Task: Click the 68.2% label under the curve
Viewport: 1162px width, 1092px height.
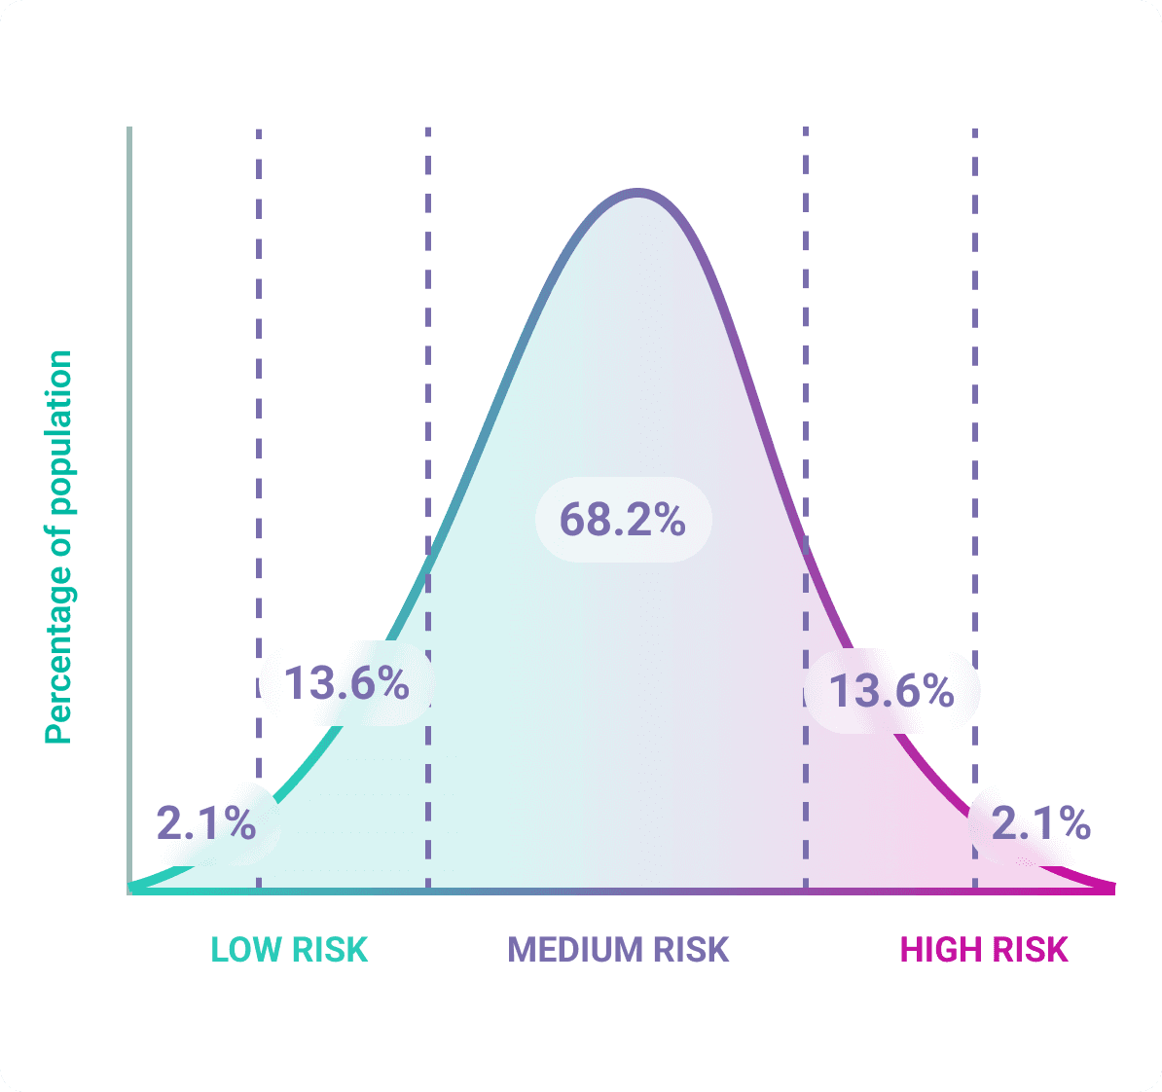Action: pyautogui.click(x=623, y=520)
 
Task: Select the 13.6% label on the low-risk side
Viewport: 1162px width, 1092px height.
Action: pyautogui.click(x=346, y=683)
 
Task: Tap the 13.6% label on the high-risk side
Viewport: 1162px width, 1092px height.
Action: pyautogui.click(x=891, y=691)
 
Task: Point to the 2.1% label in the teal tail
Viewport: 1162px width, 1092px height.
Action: pyautogui.click(x=206, y=824)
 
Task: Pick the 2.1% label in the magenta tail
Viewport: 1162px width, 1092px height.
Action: pyautogui.click(x=1040, y=824)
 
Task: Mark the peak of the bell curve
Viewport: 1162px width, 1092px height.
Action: pyautogui.click(x=637, y=193)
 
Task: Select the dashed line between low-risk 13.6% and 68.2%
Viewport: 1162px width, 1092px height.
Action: pyautogui.click(x=428, y=389)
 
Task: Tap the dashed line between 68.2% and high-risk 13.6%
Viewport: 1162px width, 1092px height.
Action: pyautogui.click(x=806, y=389)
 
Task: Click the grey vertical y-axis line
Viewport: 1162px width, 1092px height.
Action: pyautogui.click(x=129, y=487)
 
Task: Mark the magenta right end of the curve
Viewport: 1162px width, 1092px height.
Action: pyautogui.click(x=1109, y=888)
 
